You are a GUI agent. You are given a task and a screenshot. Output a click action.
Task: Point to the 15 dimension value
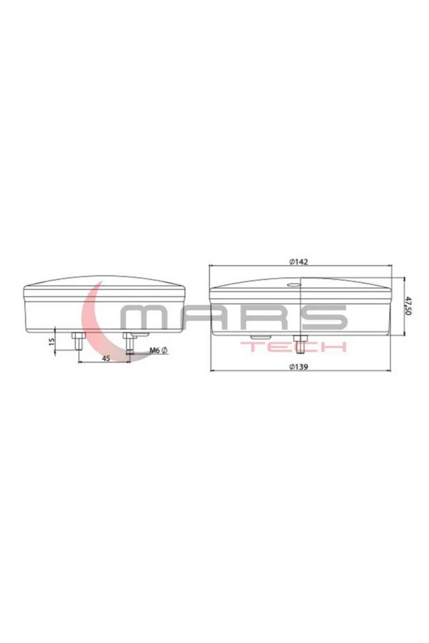(51, 342)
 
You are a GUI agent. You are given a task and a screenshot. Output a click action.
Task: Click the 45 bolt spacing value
(106, 358)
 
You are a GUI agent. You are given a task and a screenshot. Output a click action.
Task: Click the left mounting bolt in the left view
(78, 342)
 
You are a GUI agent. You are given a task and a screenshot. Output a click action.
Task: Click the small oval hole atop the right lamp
(294, 285)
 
